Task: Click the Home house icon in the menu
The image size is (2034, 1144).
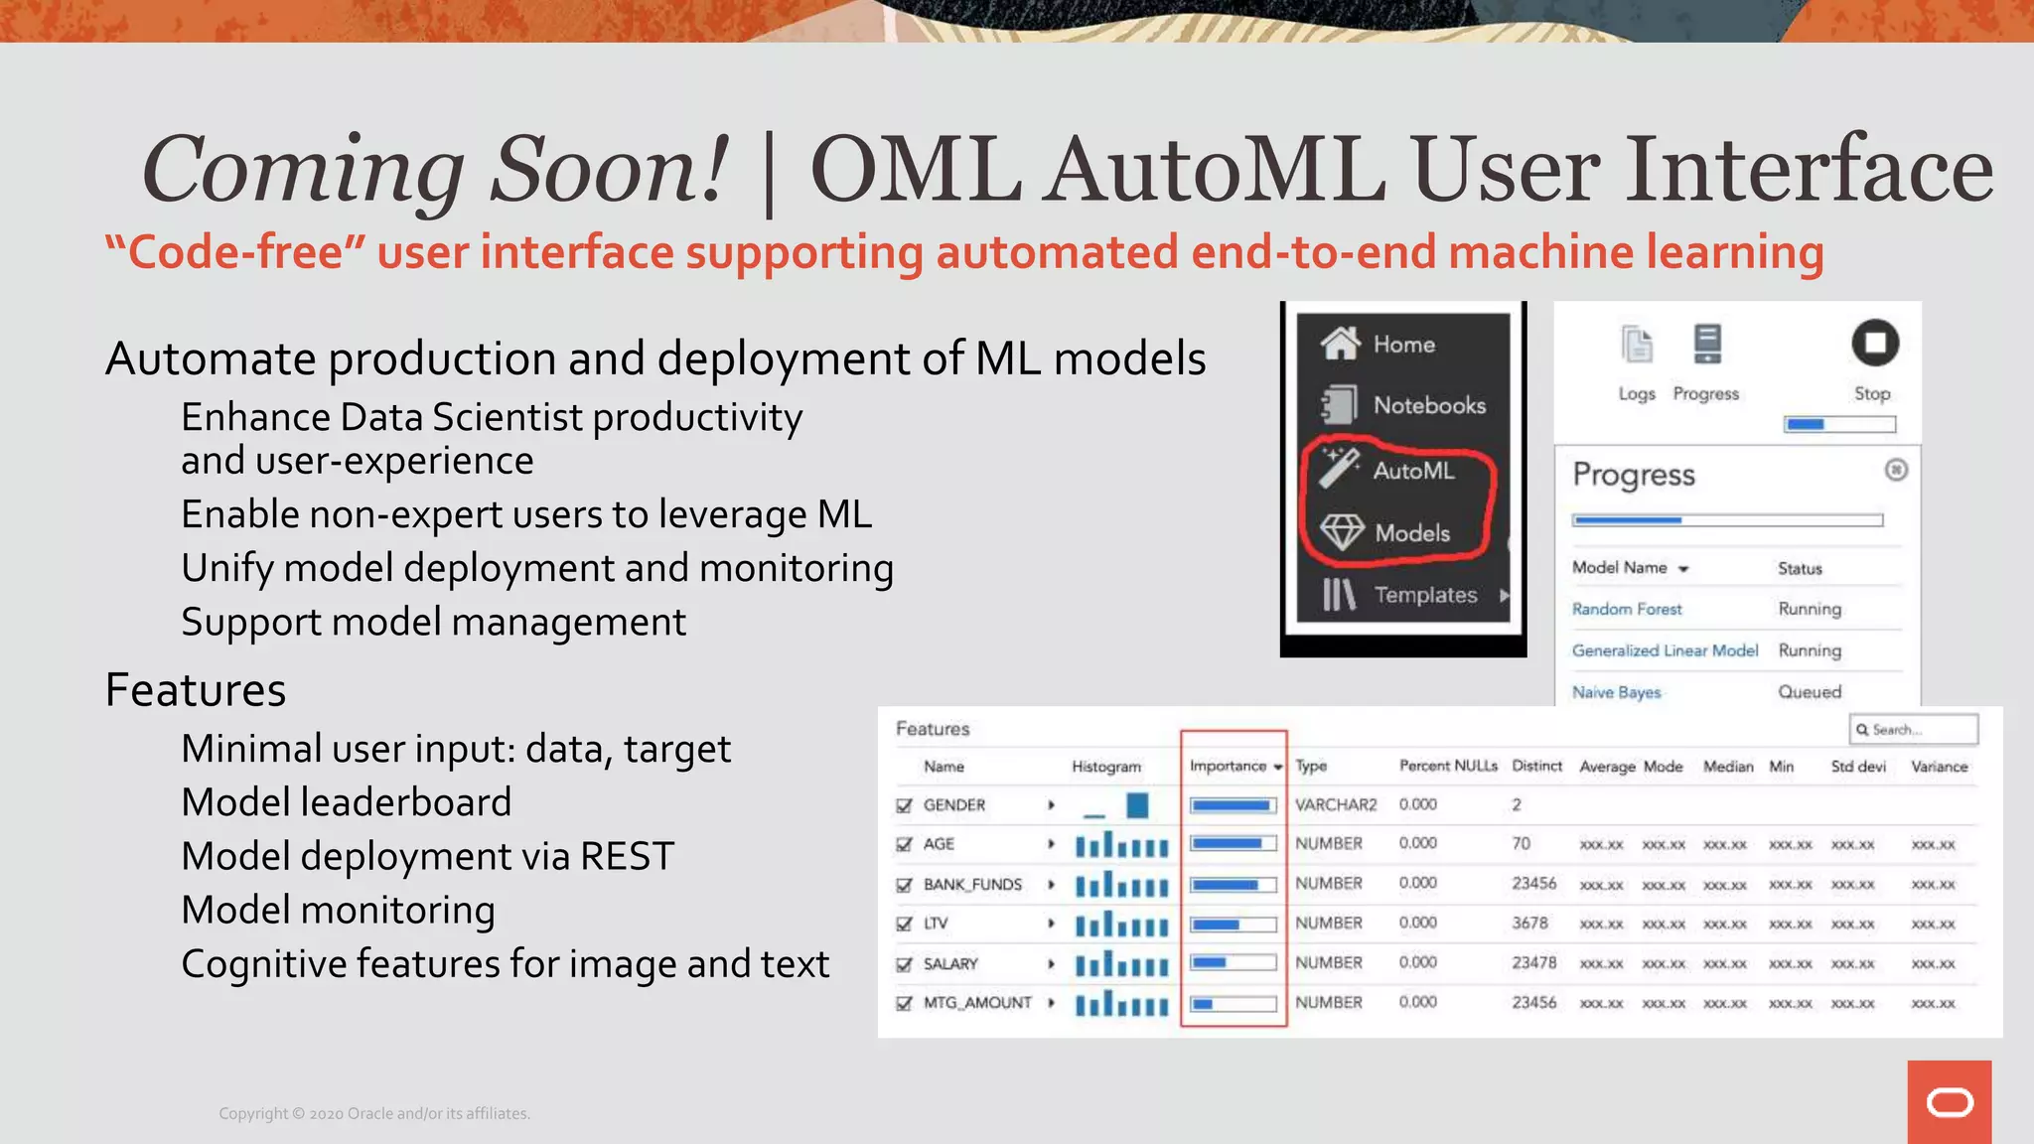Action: [x=1340, y=344]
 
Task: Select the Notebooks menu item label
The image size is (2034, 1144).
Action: [x=1429, y=405]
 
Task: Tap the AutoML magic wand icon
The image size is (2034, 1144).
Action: [x=1339, y=468]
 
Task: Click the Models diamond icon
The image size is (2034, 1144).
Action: [x=1342, y=532]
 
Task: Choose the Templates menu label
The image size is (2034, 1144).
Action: [x=1425, y=595]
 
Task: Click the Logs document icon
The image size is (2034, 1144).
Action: [x=1637, y=346]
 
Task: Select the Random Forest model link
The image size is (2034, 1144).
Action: [x=1627, y=609]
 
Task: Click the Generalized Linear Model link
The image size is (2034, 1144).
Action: [x=1665, y=650]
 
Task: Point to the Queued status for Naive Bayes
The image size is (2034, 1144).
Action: [x=1810, y=692]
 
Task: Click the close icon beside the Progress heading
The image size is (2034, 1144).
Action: [x=1896, y=470]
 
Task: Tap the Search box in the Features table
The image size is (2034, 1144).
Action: [x=1914, y=730]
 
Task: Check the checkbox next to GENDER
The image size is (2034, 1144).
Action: [x=904, y=805]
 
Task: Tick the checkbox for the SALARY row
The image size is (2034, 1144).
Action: [x=904, y=964]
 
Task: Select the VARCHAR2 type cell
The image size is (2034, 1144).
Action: [x=1336, y=804]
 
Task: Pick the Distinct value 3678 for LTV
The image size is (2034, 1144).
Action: [x=1529, y=923]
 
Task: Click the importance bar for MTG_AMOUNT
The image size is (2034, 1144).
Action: [x=1234, y=1004]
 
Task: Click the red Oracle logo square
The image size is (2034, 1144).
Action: [x=1950, y=1102]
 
